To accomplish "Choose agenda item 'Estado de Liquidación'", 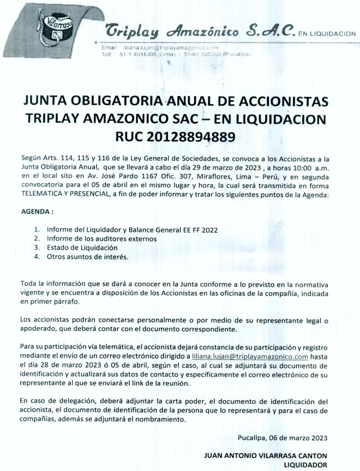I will [x=82, y=247].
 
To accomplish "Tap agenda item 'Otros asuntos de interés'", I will [x=88, y=256].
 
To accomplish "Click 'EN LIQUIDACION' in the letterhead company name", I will [x=326, y=33].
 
